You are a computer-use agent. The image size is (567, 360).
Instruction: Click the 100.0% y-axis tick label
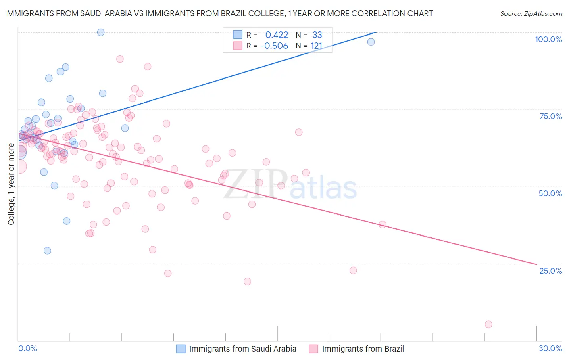coord(548,39)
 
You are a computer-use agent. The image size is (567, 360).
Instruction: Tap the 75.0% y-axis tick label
coord(550,116)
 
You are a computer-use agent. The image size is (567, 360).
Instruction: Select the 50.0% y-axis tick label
coord(550,193)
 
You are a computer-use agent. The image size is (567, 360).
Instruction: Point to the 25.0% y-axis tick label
coord(550,270)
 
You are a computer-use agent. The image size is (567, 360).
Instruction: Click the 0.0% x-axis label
coord(27,348)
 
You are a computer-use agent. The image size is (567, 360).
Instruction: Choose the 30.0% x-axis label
coord(550,348)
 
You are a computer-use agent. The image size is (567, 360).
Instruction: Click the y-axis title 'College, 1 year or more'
coord(11,184)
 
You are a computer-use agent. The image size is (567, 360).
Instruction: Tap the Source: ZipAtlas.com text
coord(531,13)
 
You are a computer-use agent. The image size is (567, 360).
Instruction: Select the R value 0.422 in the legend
coord(277,35)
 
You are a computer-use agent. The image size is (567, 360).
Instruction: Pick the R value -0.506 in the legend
coord(274,46)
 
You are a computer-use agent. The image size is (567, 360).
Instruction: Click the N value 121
coord(316,46)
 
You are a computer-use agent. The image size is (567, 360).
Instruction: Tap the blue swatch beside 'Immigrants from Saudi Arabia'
coord(181,349)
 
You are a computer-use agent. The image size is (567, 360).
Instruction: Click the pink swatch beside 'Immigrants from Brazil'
coord(313,349)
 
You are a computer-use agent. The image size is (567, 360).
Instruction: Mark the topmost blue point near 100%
coord(101,32)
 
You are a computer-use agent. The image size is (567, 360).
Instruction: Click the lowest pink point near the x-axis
coord(488,324)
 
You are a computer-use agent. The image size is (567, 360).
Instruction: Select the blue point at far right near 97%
coord(371,42)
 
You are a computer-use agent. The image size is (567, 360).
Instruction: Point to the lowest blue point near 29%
coord(47,251)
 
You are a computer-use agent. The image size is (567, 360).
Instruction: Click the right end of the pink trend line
coord(536,264)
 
